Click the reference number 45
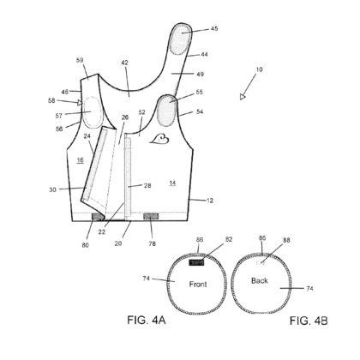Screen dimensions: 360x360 (214, 28)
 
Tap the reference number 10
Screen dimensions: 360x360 (259, 69)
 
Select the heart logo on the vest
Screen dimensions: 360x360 (159, 139)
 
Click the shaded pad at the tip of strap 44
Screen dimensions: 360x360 (181, 39)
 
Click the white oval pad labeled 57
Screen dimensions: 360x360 (92, 112)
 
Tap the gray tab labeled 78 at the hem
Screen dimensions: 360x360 (151, 217)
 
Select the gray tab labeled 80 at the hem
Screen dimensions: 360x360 (98, 217)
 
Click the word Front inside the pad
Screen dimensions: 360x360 (198, 285)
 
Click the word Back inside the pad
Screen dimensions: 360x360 (260, 281)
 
